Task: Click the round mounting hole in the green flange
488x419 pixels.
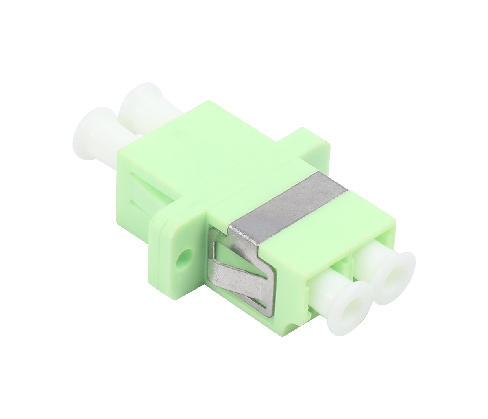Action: click(186, 258)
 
